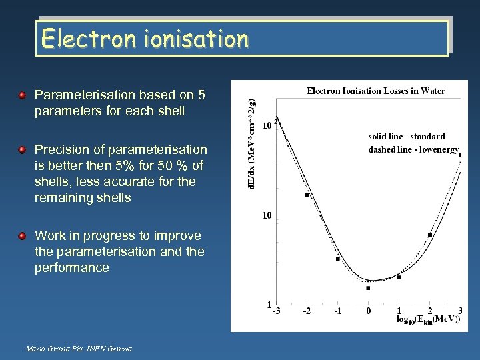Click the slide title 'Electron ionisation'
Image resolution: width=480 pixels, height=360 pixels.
144,39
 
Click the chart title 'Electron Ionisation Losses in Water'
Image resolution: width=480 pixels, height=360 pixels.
375,91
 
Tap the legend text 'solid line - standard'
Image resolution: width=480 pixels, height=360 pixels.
407,137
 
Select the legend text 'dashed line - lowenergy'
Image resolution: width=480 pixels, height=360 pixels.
413,149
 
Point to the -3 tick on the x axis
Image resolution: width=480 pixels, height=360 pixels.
276,311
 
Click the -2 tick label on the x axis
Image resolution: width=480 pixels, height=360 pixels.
307,311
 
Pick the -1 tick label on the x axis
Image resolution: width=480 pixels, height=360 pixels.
337,311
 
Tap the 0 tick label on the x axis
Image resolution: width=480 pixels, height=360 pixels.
369,311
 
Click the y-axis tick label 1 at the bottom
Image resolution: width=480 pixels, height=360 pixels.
268,305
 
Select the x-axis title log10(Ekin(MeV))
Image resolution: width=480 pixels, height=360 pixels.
427,321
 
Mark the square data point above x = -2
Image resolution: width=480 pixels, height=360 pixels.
307,195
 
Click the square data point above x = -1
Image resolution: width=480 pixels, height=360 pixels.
338,258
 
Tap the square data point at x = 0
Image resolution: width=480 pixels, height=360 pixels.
368,288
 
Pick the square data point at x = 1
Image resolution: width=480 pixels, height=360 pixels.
399,277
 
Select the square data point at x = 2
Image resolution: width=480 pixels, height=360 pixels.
430,235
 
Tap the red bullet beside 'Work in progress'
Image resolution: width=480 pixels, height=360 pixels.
23,235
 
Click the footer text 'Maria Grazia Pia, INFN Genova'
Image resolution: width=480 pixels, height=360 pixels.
79,349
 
